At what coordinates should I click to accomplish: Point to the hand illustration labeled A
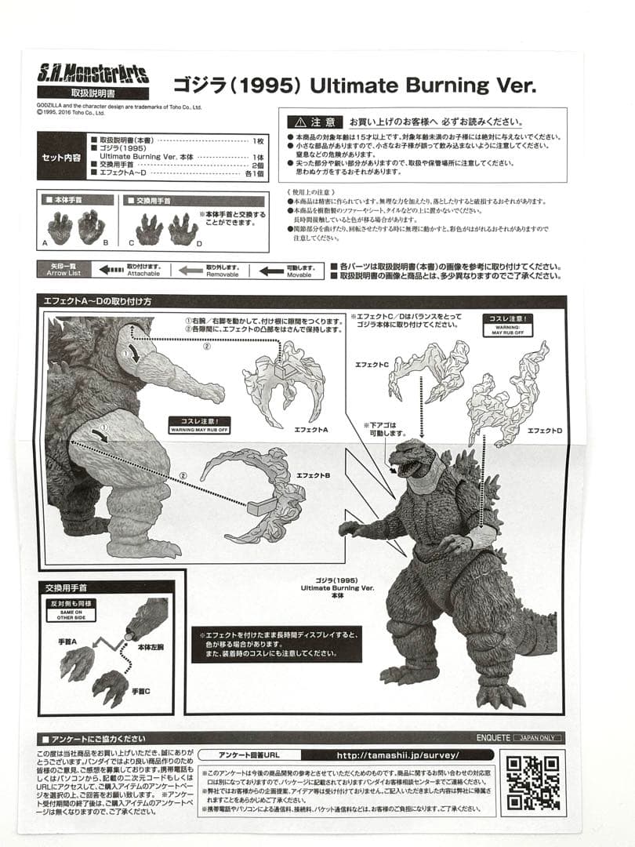point(60,227)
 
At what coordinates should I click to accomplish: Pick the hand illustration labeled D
point(183,228)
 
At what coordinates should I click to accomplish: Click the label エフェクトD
point(545,431)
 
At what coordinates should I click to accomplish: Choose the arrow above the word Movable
point(271,271)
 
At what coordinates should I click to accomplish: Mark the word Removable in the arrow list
point(223,275)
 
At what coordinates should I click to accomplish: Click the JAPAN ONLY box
point(538,738)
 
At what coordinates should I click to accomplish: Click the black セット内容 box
point(62,156)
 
